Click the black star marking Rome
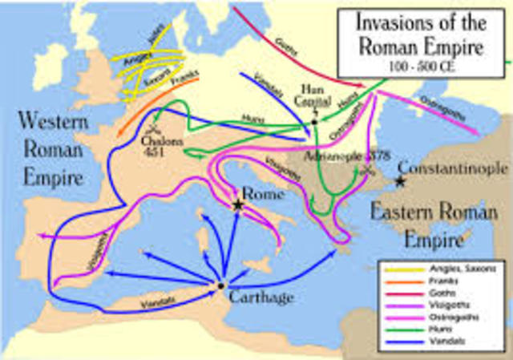click(x=238, y=205)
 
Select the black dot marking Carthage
click(x=220, y=285)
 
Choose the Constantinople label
click(x=453, y=169)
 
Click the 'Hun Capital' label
click(x=311, y=93)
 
